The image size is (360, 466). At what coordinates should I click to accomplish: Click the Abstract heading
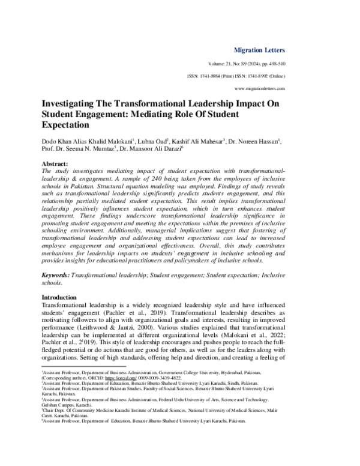pos(55,164)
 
